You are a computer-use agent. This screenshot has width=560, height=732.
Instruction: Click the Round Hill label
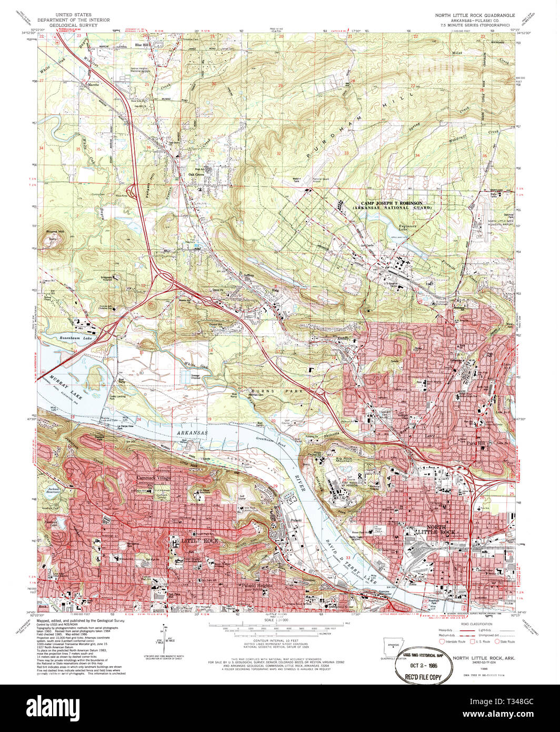[x=54, y=231]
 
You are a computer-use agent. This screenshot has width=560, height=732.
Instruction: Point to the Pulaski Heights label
[x=256, y=585]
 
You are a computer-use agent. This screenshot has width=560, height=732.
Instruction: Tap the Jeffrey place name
[x=248, y=275]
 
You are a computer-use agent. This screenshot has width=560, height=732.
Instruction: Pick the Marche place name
[x=93, y=84]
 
